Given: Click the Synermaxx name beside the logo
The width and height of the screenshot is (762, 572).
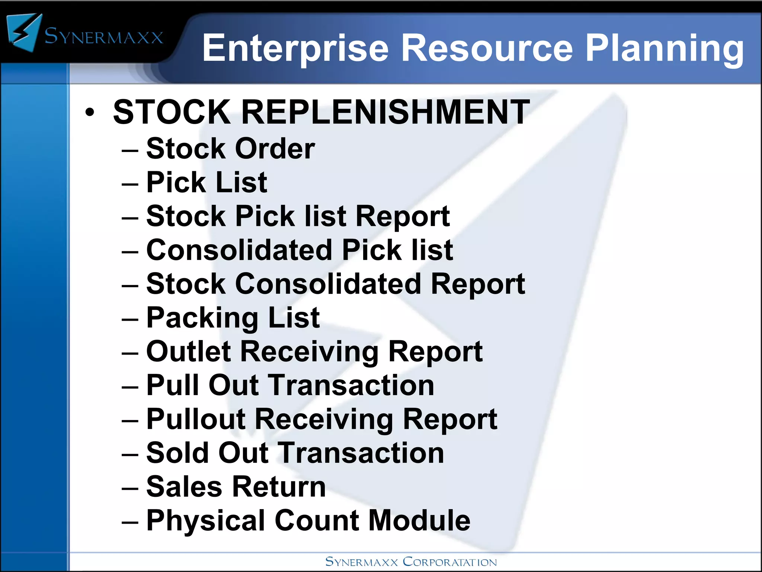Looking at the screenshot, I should pos(104,36).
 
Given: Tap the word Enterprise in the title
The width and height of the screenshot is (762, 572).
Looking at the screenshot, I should pos(295,48).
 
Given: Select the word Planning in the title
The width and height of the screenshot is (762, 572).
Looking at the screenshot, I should pos(665,49).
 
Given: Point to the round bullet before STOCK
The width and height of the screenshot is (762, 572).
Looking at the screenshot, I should pos(90,112).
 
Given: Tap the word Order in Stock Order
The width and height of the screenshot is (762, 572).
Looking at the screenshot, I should pos(275,148).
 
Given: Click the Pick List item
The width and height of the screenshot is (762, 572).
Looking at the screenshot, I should pos(207,182).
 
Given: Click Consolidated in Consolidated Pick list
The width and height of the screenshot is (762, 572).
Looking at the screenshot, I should pos(240,250).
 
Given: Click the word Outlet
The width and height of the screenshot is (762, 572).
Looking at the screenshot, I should pos(189,351).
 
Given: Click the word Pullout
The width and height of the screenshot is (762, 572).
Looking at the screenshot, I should pos(196,419).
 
